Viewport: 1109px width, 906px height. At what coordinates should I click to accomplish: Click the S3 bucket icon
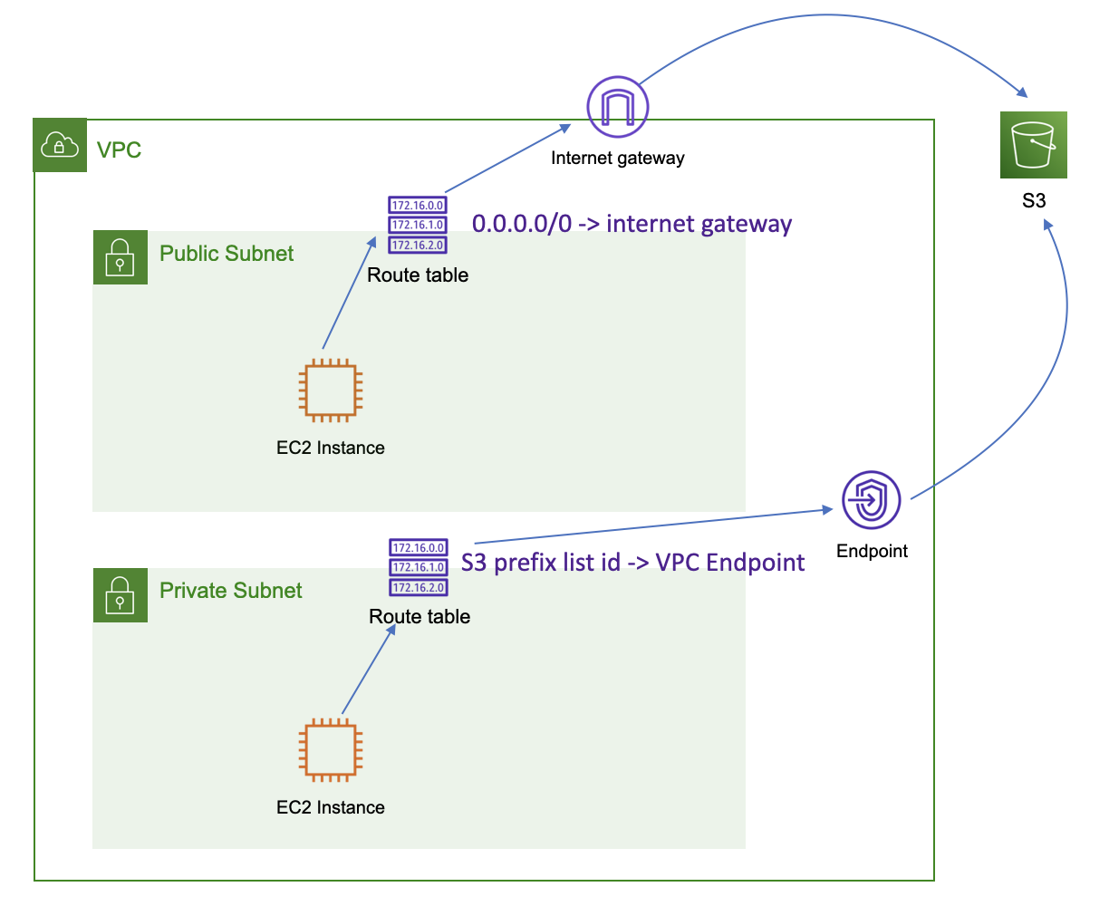1033,145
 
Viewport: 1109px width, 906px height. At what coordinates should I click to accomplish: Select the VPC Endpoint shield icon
871,500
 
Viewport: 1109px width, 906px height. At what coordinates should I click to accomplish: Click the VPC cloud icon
60,145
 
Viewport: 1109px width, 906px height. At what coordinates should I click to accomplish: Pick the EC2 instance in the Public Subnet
331,390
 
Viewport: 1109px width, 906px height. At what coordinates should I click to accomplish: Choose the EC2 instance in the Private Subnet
331,751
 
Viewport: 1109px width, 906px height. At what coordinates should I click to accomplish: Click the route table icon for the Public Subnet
418,225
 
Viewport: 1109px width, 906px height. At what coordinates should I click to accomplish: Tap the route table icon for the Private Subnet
419,567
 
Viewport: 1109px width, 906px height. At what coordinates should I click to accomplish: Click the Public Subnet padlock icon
121,257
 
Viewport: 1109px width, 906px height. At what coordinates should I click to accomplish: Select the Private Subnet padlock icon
121,595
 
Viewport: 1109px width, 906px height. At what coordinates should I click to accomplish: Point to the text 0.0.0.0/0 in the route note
522,224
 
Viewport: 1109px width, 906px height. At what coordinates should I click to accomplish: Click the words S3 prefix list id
540,563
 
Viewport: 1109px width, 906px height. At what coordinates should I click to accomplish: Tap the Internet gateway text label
618,158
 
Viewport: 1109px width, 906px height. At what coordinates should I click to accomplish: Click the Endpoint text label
872,551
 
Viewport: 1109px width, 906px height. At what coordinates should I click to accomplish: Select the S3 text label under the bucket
1034,200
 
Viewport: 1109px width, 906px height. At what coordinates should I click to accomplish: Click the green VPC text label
119,149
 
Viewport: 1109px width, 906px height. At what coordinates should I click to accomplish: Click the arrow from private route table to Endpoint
652,526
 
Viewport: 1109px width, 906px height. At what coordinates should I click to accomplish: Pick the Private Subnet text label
230,591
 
